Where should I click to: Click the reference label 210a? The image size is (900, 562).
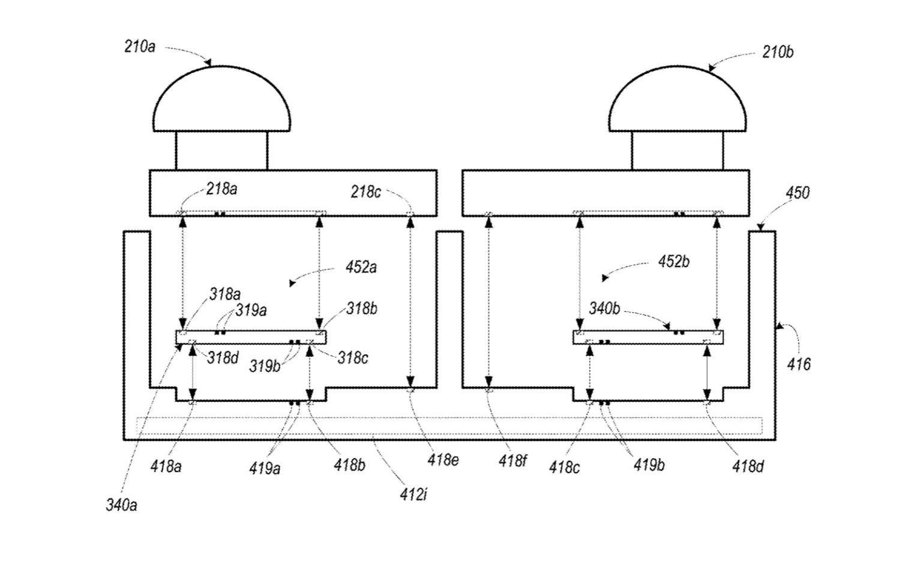(x=139, y=47)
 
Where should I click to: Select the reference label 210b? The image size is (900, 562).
(x=778, y=52)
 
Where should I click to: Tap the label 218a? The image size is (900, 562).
(x=222, y=188)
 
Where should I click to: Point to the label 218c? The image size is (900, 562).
(x=365, y=192)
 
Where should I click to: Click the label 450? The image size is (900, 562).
(x=798, y=193)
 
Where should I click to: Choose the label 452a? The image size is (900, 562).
(x=361, y=267)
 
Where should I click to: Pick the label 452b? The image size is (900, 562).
(x=674, y=262)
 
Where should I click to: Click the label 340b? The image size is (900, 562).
(x=605, y=308)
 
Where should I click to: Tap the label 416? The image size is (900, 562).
(x=799, y=364)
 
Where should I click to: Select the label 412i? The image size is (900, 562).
(x=413, y=494)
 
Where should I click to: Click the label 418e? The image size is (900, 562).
(x=443, y=460)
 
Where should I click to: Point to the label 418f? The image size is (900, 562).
(x=512, y=461)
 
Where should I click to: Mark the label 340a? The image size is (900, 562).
(x=121, y=505)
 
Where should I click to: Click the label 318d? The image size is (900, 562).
(x=223, y=357)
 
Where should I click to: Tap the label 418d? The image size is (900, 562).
(x=748, y=467)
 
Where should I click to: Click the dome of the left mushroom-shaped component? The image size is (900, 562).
(x=222, y=98)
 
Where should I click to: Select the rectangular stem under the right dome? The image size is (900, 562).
(x=678, y=151)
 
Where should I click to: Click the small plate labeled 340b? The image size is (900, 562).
(x=648, y=338)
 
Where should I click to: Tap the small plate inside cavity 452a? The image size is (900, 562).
(x=251, y=338)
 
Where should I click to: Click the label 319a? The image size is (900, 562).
(x=251, y=310)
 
